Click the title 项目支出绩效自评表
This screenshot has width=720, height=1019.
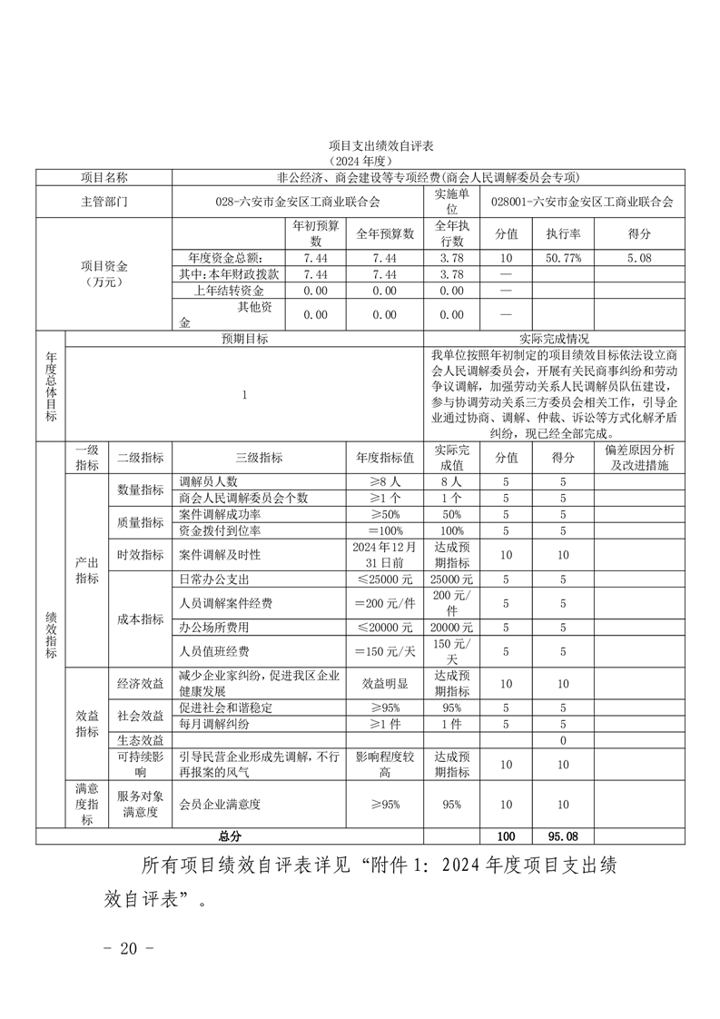(360, 145)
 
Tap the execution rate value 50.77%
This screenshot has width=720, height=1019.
(563, 258)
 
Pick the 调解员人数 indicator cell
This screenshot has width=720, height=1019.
(208, 481)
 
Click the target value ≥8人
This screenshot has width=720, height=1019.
(385, 481)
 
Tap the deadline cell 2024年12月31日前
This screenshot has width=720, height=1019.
(385, 554)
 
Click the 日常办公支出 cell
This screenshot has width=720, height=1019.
(214, 579)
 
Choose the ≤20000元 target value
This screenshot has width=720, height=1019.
(385, 628)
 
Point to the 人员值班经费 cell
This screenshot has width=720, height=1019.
(214, 651)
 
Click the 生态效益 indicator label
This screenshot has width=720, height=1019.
(140, 740)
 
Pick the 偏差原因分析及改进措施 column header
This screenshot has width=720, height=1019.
(638, 458)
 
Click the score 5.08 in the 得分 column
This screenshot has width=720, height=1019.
(638, 258)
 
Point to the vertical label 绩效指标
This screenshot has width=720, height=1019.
(51, 634)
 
